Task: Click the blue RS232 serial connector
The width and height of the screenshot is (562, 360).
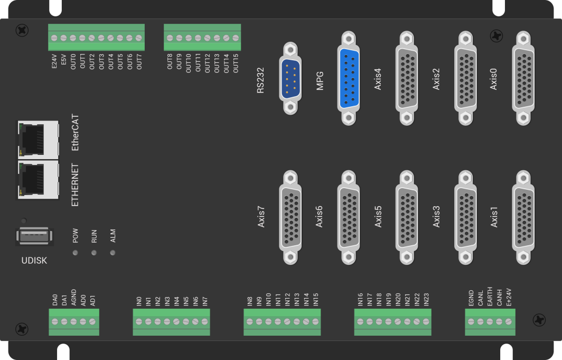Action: coord(289,77)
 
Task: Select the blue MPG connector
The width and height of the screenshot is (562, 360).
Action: coord(348,78)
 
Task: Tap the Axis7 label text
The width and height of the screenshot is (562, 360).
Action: coord(261,217)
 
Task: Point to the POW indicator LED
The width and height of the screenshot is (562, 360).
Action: coord(75,253)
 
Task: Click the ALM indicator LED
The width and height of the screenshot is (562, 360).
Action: coord(113,253)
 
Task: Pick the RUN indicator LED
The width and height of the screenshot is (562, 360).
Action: coord(94,253)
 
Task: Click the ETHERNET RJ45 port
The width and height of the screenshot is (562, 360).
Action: coord(38,180)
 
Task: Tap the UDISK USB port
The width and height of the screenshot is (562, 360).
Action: coord(34,236)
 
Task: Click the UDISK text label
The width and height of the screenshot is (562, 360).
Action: coord(34,260)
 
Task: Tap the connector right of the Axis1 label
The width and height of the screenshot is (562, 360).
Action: coord(521,217)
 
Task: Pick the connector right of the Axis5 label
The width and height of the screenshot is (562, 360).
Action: coord(406,217)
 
